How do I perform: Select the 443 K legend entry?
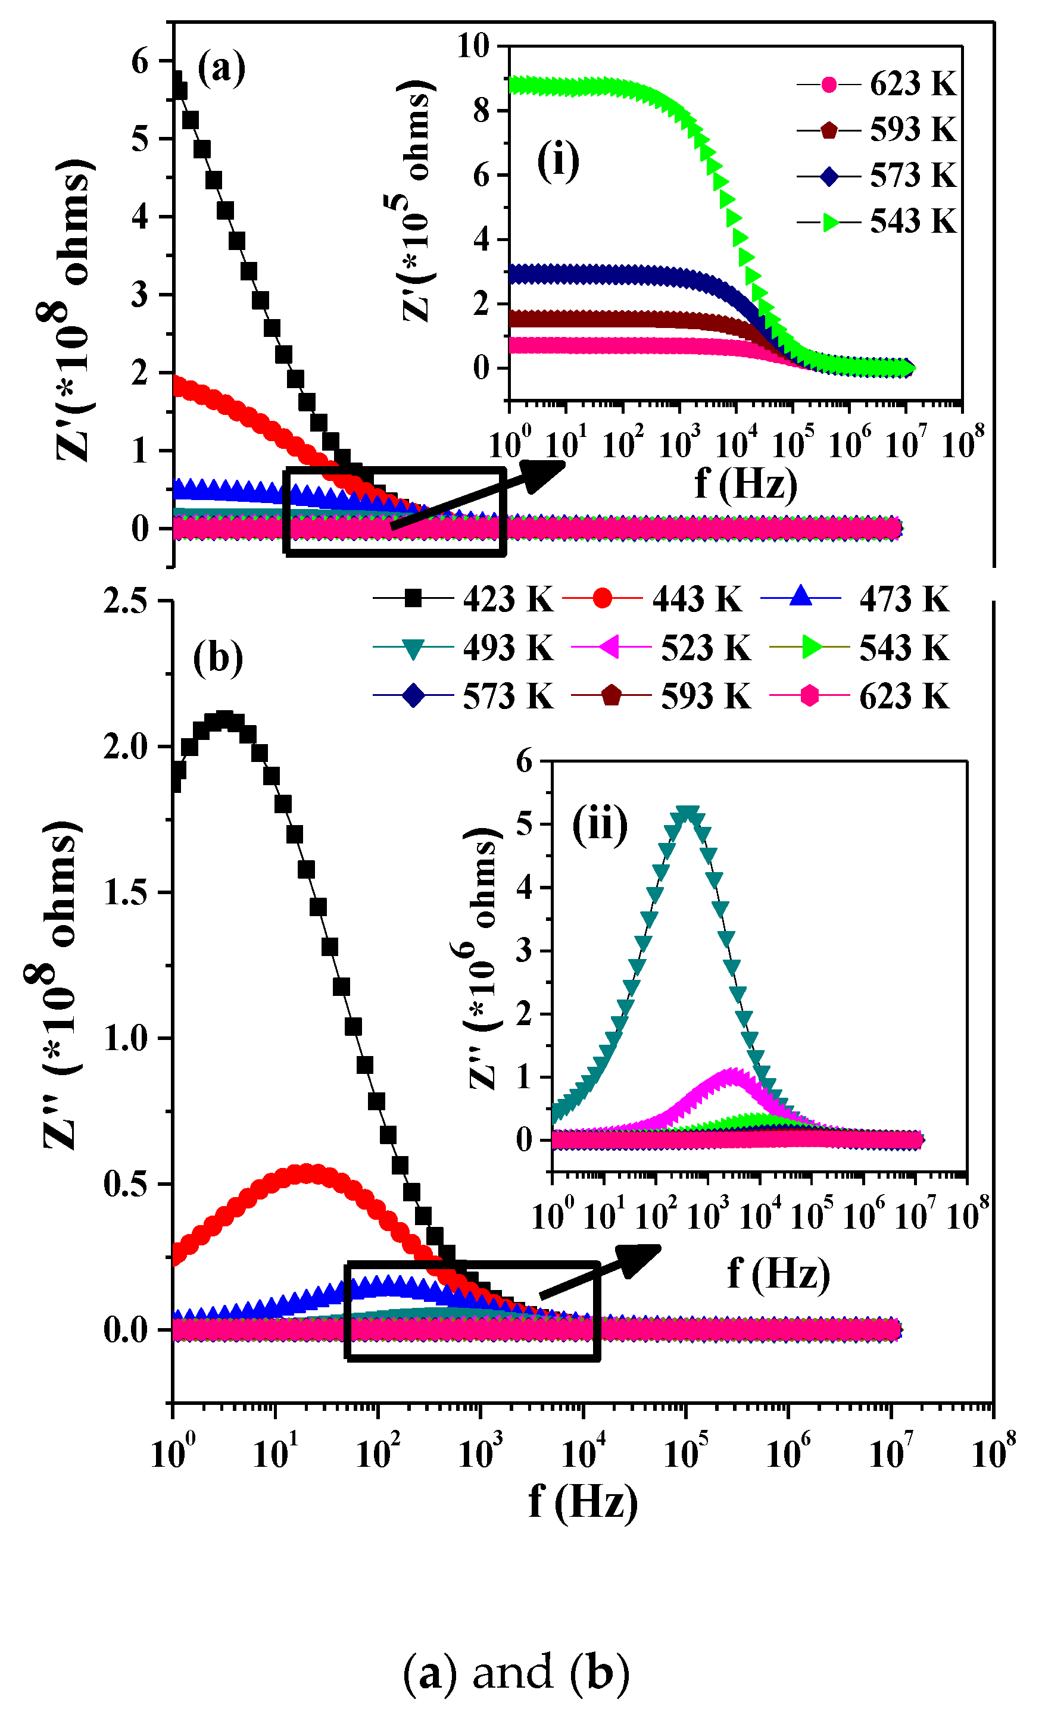653,599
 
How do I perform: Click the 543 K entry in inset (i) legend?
877,222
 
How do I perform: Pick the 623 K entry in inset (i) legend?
877,85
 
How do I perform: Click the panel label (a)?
221,68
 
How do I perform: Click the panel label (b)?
218,658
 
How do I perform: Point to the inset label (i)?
557,162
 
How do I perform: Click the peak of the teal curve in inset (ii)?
688,814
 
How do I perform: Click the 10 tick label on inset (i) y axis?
473,47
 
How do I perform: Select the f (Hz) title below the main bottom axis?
582,1501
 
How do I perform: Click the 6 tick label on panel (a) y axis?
140,61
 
